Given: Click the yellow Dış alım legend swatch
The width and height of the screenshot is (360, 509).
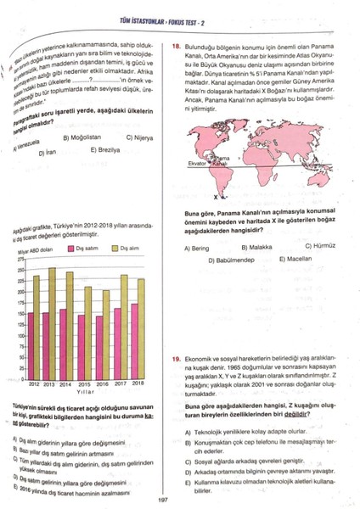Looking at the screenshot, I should (x=114, y=249).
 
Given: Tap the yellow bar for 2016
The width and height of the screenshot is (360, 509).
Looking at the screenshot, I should (x=105, y=333).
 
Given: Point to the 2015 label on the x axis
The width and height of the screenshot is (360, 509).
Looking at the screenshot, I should (x=83, y=384).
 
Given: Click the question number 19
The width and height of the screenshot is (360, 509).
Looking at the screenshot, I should (x=175, y=360).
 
